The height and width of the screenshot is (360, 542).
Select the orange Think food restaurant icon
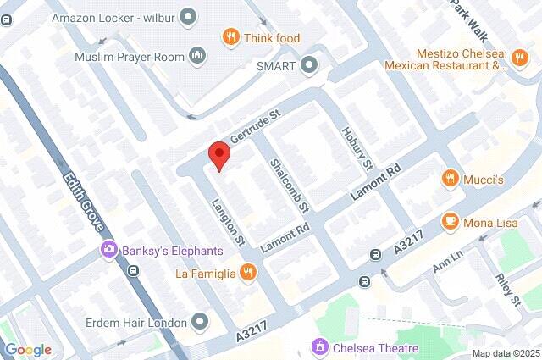click(x=230, y=36)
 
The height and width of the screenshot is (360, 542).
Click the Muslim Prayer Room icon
click(x=197, y=56)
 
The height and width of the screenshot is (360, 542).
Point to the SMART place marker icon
click(x=310, y=64)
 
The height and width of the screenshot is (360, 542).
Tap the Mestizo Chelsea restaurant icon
click(x=520, y=56)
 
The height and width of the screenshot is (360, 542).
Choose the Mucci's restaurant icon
click(x=451, y=180)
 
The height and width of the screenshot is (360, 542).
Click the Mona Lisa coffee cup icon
click(x=451, y=221)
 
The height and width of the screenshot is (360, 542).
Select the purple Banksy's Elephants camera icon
click(x=108, y=250)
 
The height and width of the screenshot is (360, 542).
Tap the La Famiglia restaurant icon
click(x=247, y=272)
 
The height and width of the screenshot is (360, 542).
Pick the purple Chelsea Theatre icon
click(x=320, y=347)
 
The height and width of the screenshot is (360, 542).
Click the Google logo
click(x=28, y=349)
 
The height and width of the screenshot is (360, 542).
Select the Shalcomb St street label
click(x=289, y=184)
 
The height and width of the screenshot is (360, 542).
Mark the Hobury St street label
click(x=357, y=147)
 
